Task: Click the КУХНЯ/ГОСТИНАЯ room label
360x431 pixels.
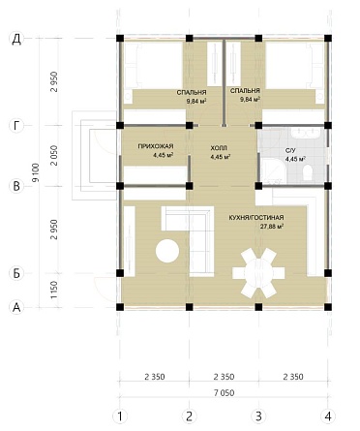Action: (x=256, y=218)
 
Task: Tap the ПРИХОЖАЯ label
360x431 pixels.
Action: (x=156, y=146)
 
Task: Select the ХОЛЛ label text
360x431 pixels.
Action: (x=219, y=148)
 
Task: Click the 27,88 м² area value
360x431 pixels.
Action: (x=272, y=227)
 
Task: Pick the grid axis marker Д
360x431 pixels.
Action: (x=16, y=39)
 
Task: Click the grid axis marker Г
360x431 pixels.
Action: (x=16, y=125)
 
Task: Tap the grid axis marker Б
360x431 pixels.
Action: (x=16, y=273)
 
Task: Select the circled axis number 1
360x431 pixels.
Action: (x=120, y=416)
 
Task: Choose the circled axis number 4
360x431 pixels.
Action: (x=328, y=416)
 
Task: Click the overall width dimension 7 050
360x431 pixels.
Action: (x=224, y=393)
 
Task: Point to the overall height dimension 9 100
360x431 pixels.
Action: (x=36, y=172)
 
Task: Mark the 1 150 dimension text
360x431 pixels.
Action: (x=54, y=290)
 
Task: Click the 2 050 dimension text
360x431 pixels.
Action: (x=54, y=155)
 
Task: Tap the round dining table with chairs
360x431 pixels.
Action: (x=258, y=273)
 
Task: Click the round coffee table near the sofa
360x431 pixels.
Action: (x=167, y=251)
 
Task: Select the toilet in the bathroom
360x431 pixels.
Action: (x=308, y=172)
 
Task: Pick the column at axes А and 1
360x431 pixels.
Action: (x=120, y=307)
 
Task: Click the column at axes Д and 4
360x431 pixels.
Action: (x=328, y=39)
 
